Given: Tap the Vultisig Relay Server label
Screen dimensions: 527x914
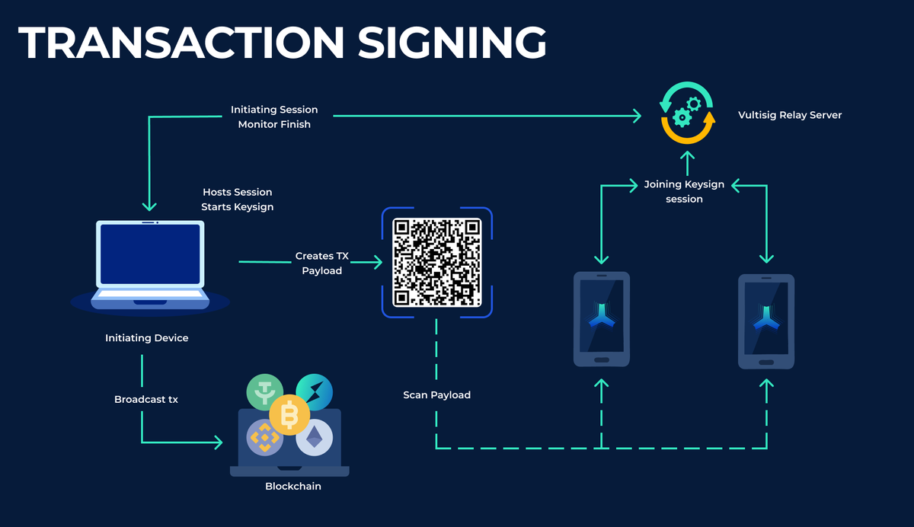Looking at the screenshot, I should (790, 116).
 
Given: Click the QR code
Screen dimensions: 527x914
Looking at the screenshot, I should (437, 263).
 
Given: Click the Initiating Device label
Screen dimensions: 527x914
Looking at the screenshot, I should (146, 337).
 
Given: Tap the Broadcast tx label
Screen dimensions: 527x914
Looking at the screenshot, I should (146, 399).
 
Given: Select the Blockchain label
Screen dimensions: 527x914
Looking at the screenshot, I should (293, 486).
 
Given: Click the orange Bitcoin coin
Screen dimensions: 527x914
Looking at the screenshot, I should (289, 415).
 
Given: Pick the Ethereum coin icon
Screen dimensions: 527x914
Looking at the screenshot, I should (315, 438).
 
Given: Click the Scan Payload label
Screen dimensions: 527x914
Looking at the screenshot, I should (437, 395).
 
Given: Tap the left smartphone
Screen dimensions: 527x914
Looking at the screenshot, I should (601, 319).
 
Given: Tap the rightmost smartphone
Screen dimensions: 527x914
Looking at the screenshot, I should (766, 321).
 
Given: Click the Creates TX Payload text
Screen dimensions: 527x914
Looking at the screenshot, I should (322, 263).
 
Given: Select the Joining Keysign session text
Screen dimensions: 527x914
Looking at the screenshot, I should (684, 191).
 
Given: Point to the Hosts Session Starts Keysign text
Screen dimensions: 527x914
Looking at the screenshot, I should (237, 200).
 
